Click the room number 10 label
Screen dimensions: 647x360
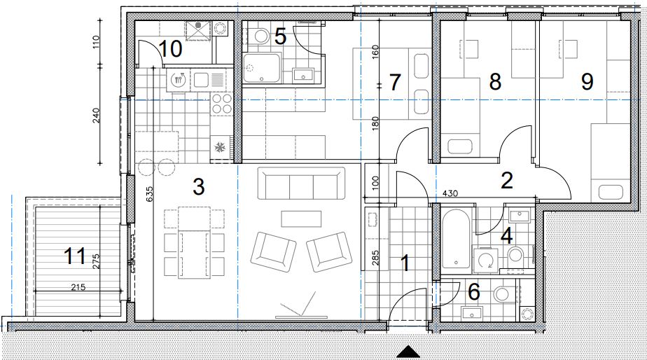tap(170, 49)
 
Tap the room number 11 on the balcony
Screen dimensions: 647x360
tap(75, 256)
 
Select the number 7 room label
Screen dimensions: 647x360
tap(395, 82)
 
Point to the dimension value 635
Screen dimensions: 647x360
tap(149, 195)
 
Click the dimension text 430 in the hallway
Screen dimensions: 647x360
tap(450, 193)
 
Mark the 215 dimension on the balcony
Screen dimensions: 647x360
tap(78, 287)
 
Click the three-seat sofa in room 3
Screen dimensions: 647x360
tap(301, 184)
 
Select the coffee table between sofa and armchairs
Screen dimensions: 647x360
tap(301, 219)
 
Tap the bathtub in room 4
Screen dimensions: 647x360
tap(456, 238)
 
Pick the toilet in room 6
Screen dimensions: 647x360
tap(503, 294)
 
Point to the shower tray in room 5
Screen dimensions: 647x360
tap(262, 68)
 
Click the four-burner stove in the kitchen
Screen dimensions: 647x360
tap(222, 104)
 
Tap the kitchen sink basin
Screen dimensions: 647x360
tap(202, 80)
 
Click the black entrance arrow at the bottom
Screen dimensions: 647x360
tap(408, 352)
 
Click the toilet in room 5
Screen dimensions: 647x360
tap(260, 36)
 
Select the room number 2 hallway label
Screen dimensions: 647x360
tap(507, 180)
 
